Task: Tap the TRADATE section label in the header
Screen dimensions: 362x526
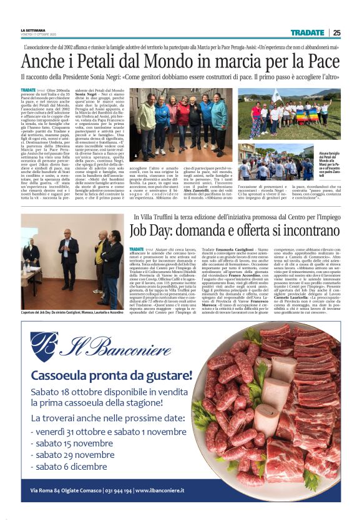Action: click(x=307, y=32)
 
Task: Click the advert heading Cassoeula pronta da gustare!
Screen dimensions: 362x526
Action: click(x=112, y=376)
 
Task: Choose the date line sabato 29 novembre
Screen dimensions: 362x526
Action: click(x=79, y=455)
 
